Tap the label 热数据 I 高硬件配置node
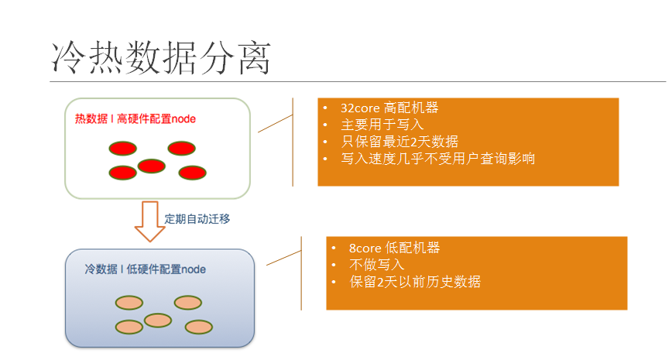[x=135, y=119]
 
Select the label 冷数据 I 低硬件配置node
[x=146, y=269]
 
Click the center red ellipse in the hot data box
[x=152, y=166]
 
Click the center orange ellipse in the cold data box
[x=158, y=320]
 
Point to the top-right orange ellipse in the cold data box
[x=188, y=302]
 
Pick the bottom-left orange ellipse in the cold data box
[x=129, y=327]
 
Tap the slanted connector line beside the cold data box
[x=283, y=258]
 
